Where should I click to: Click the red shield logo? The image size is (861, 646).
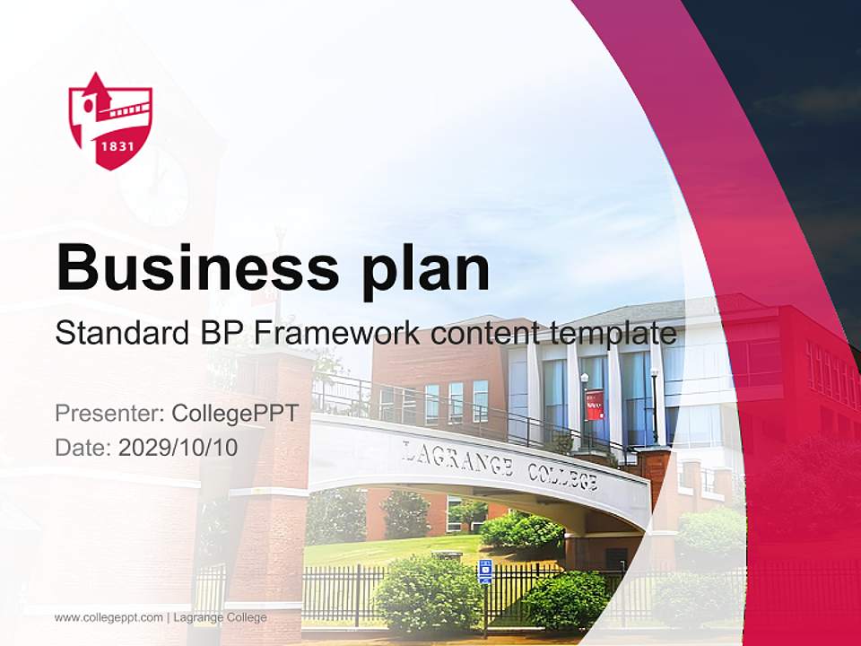(x=110, y=120)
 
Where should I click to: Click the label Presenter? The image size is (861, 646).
(x=109, y=414)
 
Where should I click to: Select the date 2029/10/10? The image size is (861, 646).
(x=178, y=447)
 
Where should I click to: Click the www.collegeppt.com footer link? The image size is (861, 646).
(x=109, y=617)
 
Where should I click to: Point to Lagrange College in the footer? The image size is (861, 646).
(x=220, y=617)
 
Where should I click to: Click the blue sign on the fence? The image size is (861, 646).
(x=485, y=571)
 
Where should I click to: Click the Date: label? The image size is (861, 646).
(x=83, y=447)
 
